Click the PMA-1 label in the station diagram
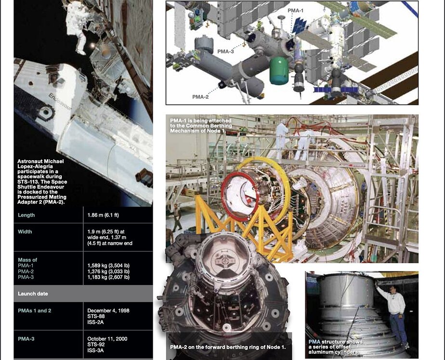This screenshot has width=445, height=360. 295,11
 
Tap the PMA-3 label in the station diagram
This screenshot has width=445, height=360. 225,51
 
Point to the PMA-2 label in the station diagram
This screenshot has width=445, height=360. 200,97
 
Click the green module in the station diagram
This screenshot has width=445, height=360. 279,71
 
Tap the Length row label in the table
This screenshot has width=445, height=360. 26,215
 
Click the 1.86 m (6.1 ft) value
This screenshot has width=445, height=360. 103,215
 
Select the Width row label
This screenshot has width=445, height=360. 25,231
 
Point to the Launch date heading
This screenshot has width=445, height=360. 33,294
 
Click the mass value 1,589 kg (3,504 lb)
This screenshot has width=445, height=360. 108,266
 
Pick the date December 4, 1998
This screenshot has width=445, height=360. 108,310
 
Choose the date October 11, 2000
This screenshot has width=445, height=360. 107,339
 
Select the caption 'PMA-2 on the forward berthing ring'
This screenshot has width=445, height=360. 228,347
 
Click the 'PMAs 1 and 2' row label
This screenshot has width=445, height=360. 35,310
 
